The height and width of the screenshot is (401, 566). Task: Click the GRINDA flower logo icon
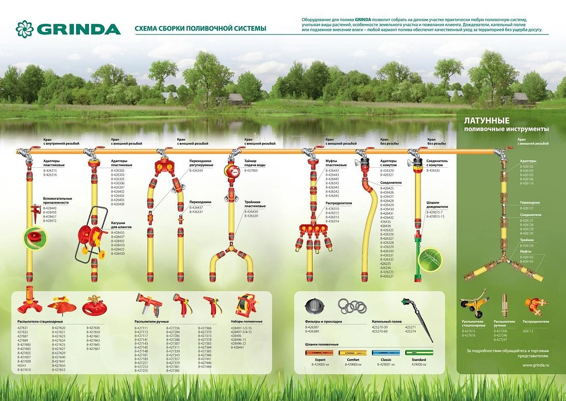[x=25, y=29]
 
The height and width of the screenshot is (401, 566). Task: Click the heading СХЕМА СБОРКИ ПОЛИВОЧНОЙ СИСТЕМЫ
[x=200, y=29]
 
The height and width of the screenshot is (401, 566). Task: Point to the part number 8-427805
[x=251, y=170]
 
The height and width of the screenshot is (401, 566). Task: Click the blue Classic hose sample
[x=388, y=353]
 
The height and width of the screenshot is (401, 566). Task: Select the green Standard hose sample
[x=419, y=353]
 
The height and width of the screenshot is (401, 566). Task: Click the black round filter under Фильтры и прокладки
[x=315, y=307]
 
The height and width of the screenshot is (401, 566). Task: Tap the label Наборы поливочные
[x=247, y=322]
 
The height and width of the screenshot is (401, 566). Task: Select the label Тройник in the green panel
[x=527, y=240]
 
